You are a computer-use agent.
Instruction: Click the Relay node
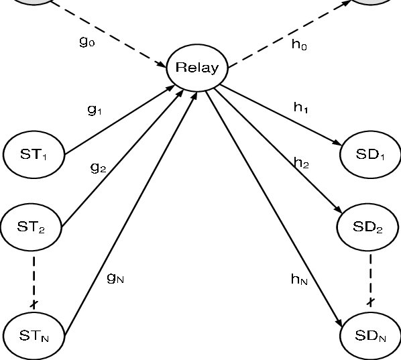pos(197,68)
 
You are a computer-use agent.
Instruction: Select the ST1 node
pos(34,154)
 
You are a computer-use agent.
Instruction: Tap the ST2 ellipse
pos(31,227)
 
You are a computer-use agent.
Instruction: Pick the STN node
pos(34,335)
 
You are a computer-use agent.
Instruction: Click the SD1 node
pos(370,154)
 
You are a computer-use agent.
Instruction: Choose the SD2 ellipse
pos(367,227)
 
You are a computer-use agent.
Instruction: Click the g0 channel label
pos(87,42)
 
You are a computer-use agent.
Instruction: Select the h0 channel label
pos(299,44)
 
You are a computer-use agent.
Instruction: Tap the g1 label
pos(95,110)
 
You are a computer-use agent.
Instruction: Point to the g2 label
pos(98,168)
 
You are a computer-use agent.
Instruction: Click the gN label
pos(115,278)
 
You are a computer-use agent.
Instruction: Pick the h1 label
pos(301,107)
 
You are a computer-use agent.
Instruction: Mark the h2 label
pos(301,163)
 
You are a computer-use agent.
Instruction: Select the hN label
pos(299,279)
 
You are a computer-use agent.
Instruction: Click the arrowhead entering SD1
pos(337,143)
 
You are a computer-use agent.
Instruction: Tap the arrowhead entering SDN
pos(339,322)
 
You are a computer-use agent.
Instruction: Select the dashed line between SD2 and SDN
pos(370,280)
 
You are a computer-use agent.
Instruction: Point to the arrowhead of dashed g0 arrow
pos(162,64)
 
